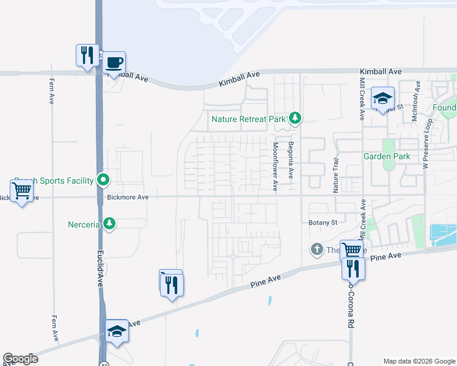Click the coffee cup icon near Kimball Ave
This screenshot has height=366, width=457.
pos(114,62)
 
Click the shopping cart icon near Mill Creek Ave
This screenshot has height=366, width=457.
pos(351,250)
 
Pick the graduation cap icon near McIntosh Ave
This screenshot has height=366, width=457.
pos(382,98)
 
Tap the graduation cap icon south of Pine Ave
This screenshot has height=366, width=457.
pos(117,331)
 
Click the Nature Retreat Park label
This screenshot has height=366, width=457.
pos(247,119)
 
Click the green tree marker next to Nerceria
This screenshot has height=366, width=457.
pos(109,224)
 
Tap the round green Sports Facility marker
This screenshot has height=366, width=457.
pos(103,180)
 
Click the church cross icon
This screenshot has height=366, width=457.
pos(316,249)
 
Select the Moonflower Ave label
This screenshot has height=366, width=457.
pos(276,166)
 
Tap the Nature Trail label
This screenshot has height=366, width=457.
pos(335,175)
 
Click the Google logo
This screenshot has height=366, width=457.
pos(21,359)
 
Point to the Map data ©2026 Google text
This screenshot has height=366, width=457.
pos(419,361)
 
